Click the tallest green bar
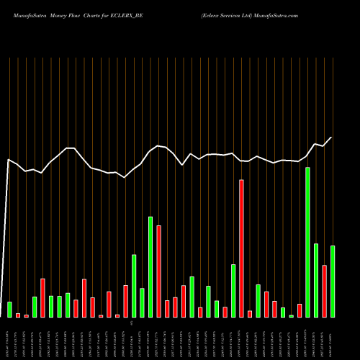click(x=308, y=242)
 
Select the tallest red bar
click(x=241, y=248)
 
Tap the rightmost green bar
click(x=333, y=281)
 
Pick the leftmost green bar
click(x=9, y=310)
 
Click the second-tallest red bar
click(x=158, y=271)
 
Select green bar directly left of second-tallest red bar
click(x=150, y=266)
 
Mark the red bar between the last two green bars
click(x=325, y=291)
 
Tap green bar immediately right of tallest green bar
click(x=316, y=280)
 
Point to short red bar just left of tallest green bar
click(x=300, y=310)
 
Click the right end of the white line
click(x=332, y=137)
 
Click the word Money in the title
click(x=60, y=14)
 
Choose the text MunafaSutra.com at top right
click(x=277, y=14)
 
